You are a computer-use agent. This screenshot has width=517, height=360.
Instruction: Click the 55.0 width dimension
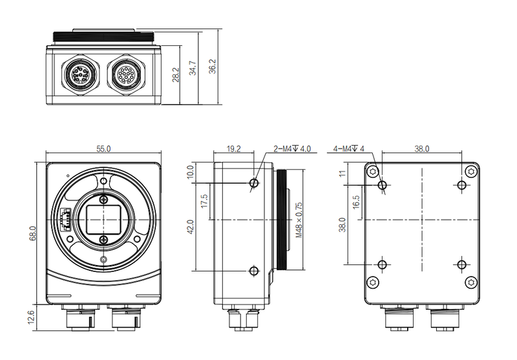click(103, 149)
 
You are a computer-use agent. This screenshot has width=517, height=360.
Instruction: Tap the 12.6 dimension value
click(32, 318)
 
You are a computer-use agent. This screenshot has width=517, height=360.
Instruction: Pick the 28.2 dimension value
click(175, 74)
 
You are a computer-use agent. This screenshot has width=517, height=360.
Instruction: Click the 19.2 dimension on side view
click(234, 149)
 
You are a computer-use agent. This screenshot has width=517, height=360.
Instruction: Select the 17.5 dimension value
click(205, 202)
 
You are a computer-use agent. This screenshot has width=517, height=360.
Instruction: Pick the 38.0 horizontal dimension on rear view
click(421, 149)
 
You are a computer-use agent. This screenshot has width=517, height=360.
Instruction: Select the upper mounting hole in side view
click(254, 184)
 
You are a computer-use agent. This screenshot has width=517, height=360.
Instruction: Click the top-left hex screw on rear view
click(373, 171)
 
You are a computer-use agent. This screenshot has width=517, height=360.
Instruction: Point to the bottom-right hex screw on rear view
click(472, 281)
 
